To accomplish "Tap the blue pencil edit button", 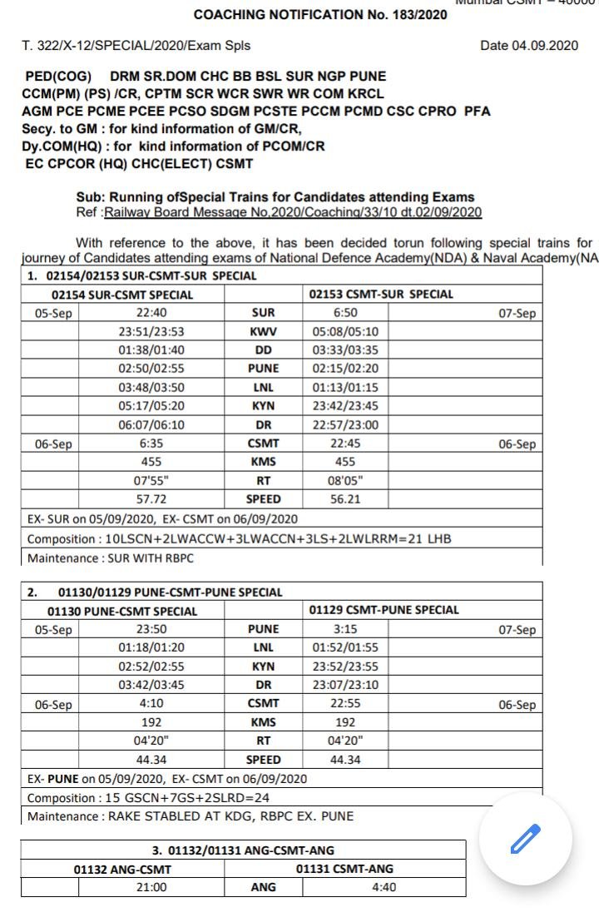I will [x=526, y=839].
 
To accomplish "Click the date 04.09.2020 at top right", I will [x=528, y=46].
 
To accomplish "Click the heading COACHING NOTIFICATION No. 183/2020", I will [x=320, y=15].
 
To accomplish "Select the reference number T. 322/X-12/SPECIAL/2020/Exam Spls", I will [x=136, y=46].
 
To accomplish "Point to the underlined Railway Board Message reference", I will [x=292, y=212].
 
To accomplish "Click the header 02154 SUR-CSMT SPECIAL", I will [x=122, y=295].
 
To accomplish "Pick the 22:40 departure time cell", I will [x=151, y=314].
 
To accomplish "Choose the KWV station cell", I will [x=264, y=332].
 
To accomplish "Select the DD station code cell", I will [x=264, y=350].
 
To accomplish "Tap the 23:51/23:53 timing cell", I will [x=151, y=332].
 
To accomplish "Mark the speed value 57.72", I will [x=151, y=499].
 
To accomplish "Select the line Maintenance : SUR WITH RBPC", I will [x=97, y=558].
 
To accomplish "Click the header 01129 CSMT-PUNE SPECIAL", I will [x=384, y=610].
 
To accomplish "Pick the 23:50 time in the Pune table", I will [x=151, y=629].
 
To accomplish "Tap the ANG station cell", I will [x=264, y=887].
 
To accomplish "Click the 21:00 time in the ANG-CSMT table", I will [x=151, y=887].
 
